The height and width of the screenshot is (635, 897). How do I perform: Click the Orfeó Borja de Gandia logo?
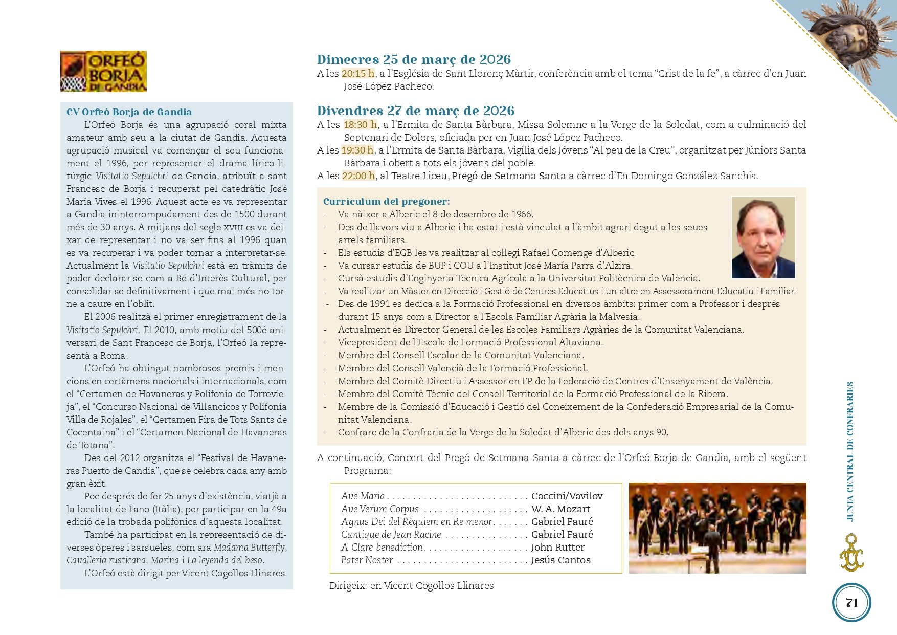(103, 71)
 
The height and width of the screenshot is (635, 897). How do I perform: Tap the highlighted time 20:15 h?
(358, 73)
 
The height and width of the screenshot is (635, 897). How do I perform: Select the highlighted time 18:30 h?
(360, 124)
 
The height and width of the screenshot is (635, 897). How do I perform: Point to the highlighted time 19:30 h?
(357, 150)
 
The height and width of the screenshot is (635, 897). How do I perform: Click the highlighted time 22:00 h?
(358, 176)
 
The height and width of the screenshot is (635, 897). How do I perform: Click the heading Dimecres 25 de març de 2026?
(414, 59)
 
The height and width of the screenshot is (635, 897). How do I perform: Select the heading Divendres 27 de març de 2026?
(415, 111)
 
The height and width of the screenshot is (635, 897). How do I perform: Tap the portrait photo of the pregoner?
(763, 237)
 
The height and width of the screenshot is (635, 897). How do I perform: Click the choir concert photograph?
(717, 528)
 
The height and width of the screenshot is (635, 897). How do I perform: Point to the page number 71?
(851, 603)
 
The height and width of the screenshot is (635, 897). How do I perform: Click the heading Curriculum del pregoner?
(386, 201)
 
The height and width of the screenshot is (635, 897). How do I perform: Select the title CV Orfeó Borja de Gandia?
(129, 112)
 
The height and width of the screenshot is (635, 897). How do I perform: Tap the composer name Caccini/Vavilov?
(567, 496)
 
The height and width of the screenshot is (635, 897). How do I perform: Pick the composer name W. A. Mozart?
(560, 509)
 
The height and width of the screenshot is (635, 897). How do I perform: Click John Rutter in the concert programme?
(557, 547)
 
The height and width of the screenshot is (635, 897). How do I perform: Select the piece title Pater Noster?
(367, 560)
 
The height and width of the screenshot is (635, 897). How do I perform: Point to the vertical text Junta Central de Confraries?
(850, 451)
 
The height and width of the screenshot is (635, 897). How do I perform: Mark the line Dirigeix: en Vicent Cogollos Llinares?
(411, 585)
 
